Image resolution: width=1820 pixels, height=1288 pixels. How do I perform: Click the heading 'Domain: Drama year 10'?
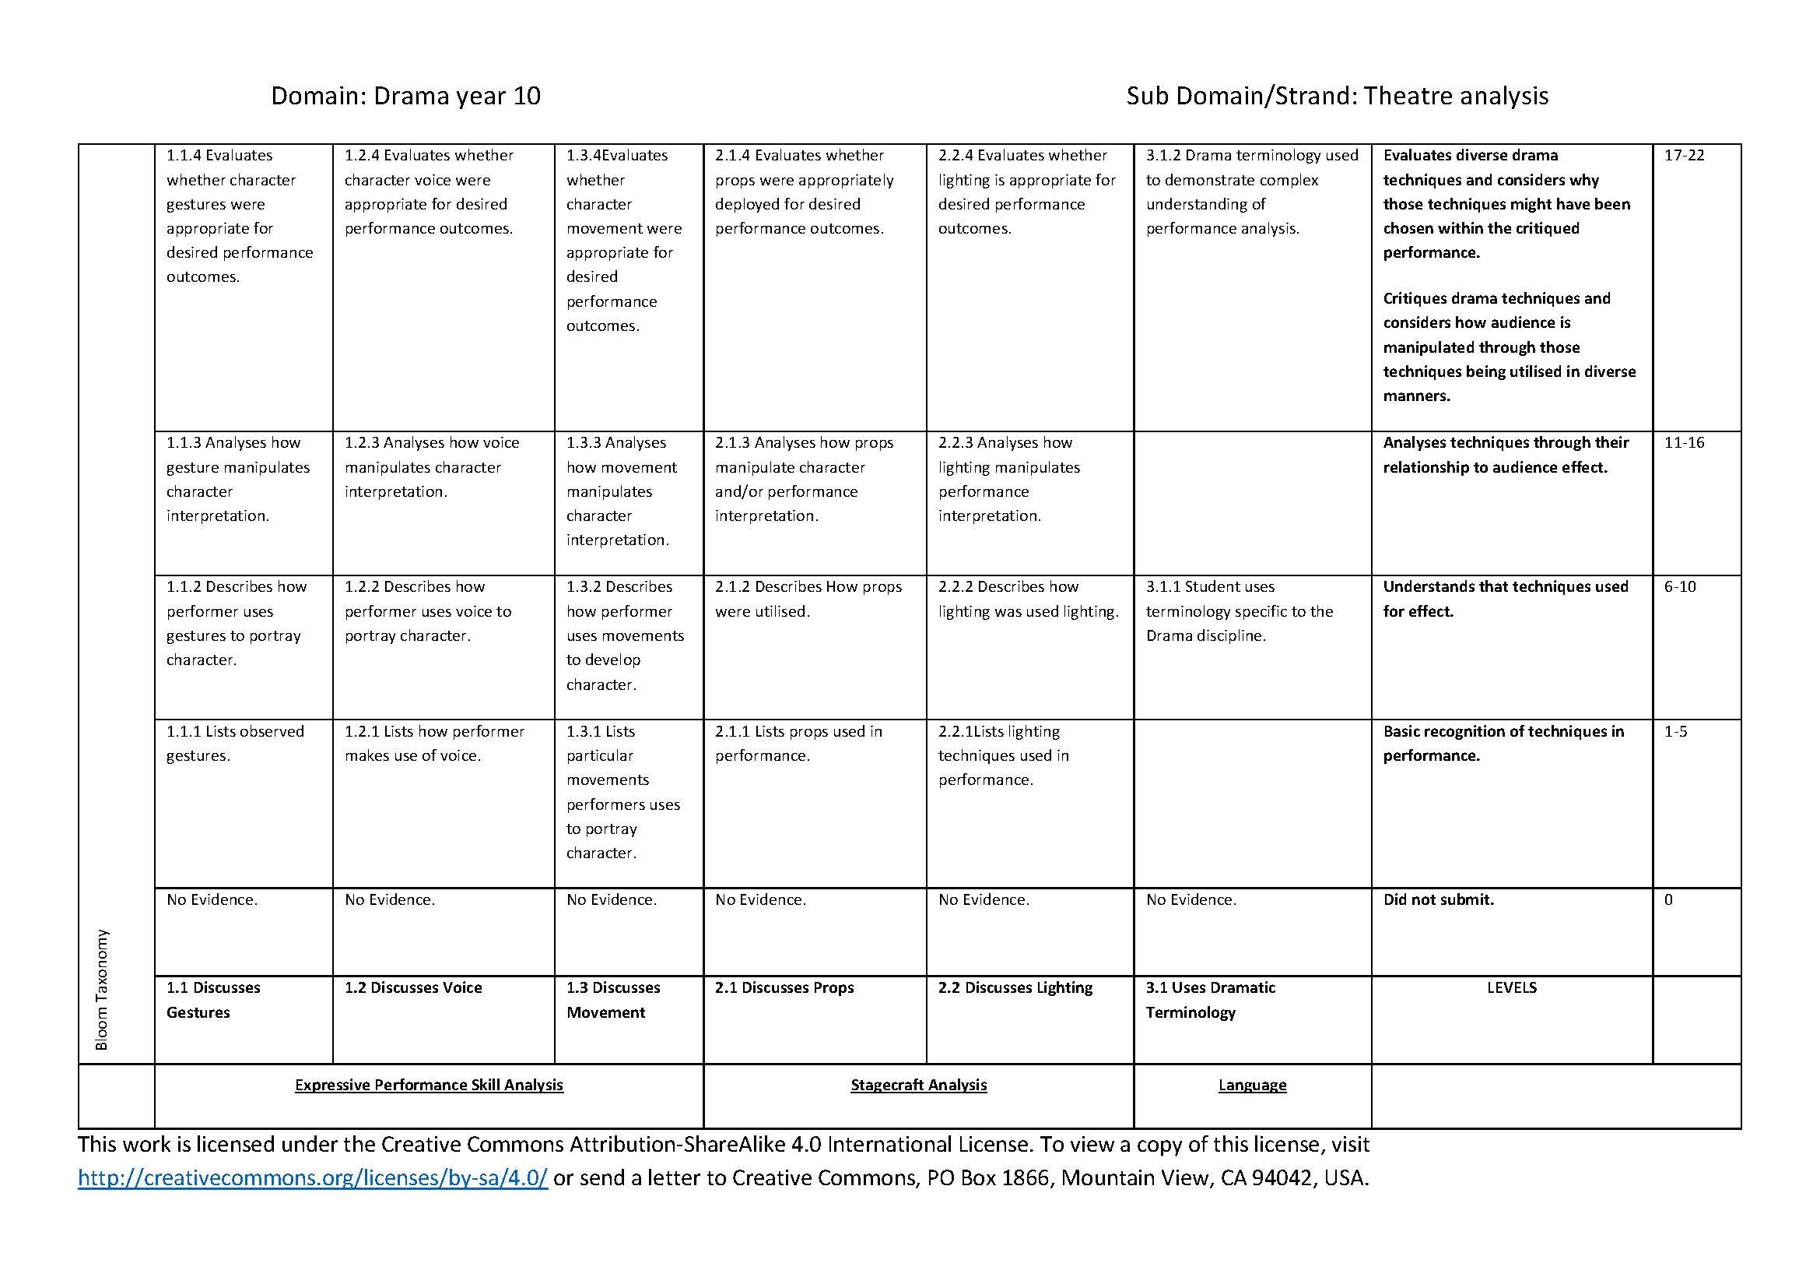pyautogui.click(x=405, y=96)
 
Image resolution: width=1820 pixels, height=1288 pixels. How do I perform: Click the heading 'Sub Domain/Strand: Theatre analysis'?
pyautogui.click(x=1337, y=96)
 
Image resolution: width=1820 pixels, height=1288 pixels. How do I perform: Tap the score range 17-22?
pyautogui.click(x=1684, y=156)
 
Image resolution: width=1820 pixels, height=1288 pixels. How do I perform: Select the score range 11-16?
pyautogui.click(x=1684, y=442)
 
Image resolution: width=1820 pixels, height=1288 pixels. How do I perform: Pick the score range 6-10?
pyautogui.click(x=1680, y=587)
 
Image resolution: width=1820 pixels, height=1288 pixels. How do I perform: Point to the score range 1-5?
pyautogui.click(x=1676, y=731)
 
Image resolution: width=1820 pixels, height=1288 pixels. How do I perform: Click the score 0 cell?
pyautogui.click(x=1668, y=899)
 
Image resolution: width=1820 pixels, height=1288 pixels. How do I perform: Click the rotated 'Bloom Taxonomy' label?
pyautogui.click(x=101, y=990)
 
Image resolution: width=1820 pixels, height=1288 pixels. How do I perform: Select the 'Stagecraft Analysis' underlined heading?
pyautogui.click(x=918, y=1085)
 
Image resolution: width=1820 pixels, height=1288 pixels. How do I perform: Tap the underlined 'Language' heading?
pyautogui.click(x=1252, y=1085)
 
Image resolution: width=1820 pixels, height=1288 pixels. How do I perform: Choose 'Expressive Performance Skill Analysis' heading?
pyautogui.click(x=429, y=1085)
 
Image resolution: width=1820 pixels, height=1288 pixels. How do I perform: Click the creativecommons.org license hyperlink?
pyautogui.click(x=312, y=1177)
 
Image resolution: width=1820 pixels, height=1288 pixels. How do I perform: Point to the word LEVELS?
pyautogui.click(x=1511, y=987)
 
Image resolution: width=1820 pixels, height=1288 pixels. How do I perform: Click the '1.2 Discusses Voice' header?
pyautogui.click(x=413, y=987)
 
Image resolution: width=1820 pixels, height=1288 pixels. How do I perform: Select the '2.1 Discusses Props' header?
pyautogui.click(x=784, y=987)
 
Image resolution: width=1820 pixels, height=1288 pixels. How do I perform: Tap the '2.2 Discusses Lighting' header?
pyautogui.click(x=1015, y=987)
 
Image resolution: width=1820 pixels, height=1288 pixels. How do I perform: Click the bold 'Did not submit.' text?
pyautogui.click(x=1438, y=899)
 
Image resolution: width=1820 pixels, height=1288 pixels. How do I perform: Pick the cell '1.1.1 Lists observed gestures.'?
pyautogui.click(x=235, y=743)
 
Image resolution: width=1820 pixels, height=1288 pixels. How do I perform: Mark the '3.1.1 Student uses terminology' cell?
pyautogui.click(x=1239, y=611)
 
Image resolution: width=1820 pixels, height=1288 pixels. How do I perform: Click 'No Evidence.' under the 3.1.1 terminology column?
pyautogui.click(x=1191, y=899)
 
